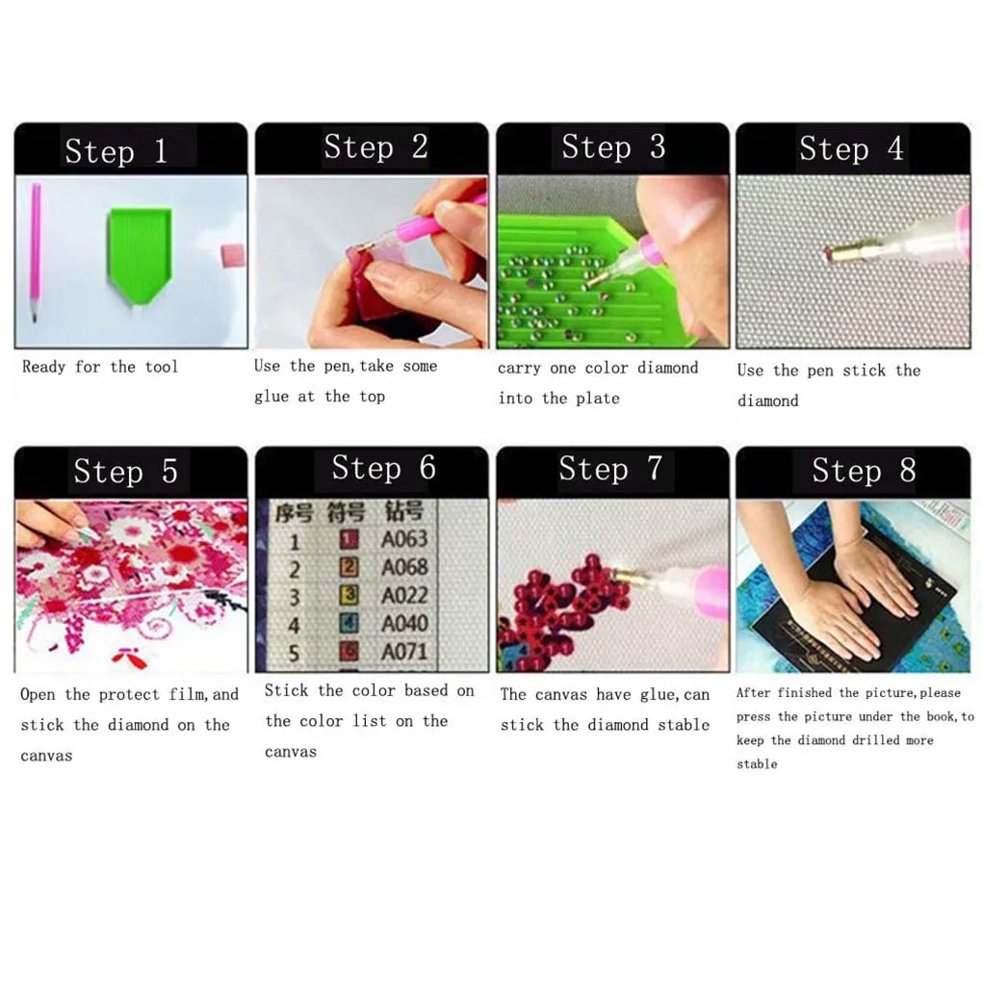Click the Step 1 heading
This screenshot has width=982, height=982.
(116, 151)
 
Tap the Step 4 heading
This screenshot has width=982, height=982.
(851, 149)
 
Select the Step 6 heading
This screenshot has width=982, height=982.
(383, 469)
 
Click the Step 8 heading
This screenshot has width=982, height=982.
(864, 471)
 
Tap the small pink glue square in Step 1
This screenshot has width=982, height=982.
(229, 255)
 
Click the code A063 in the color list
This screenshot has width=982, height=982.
(404, 538)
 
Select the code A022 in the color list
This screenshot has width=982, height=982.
(404, 595)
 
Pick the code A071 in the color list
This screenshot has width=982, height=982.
(404, 652)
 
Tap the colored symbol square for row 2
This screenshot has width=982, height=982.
(350, 568)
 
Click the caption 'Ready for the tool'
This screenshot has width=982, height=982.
(100, 367)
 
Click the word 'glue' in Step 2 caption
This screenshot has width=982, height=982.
(271, 397)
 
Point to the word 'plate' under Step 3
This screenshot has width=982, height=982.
(598, 399)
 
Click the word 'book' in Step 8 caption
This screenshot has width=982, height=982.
(943, 716)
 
